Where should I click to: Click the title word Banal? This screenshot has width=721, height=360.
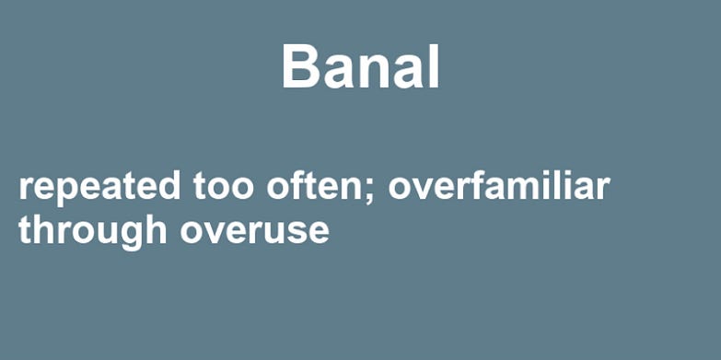click(361, 65)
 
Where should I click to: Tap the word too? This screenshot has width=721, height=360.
click(223, 186)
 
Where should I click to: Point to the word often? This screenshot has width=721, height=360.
click(314, 185)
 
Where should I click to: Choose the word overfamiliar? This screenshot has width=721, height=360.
click(499, 185)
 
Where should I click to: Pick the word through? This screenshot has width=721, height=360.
click(92, 231)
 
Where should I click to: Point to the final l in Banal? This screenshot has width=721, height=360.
click(434, 65)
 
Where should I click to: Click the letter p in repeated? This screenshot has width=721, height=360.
click(66, 192)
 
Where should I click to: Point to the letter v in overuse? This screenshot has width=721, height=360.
click(215, 234)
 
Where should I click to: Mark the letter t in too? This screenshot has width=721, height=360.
click(200, 187)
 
